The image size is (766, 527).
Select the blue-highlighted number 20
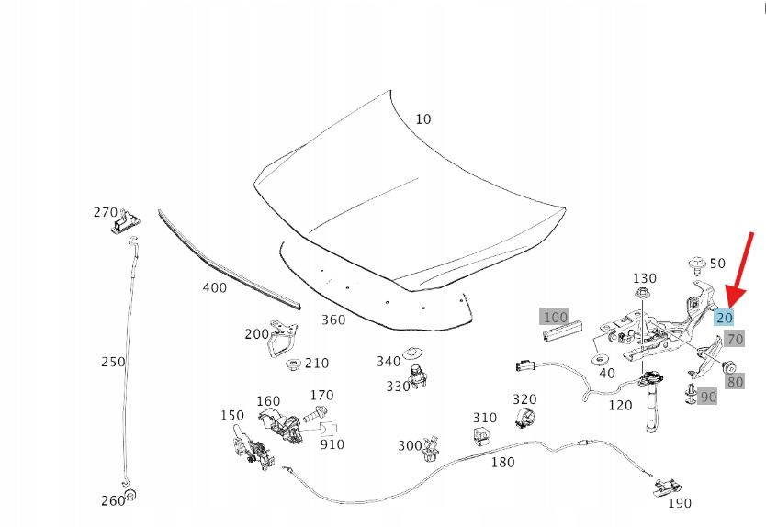(x=724, y=318)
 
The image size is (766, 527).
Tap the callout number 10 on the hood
(x=422, y=119)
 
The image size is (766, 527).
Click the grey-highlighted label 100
(x=555, y=317)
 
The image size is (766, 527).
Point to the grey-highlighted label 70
(x=735, y=339)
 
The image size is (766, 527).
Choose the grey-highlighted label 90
(x=707, y=397)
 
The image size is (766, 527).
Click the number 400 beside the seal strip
(x=214, y=287)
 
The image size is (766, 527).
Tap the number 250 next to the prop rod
(x=113, y=362)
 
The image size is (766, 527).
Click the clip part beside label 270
(x=124, y=221)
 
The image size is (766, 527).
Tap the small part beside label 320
(x=524, y=420)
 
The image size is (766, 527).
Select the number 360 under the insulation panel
(x=333, y=320)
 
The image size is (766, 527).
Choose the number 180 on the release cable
(x=502, y=462)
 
